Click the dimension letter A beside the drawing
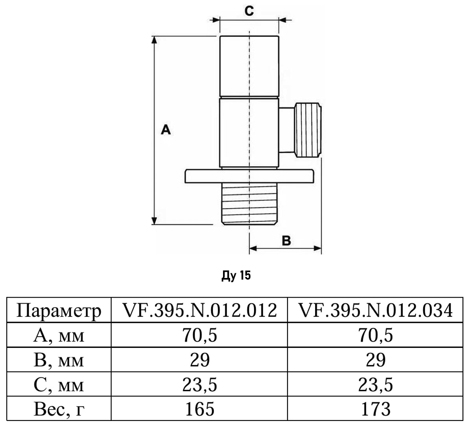[x=166, y=129]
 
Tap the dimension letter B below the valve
[x=286, y=240]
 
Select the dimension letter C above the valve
[x=249, y=11]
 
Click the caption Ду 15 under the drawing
[x=236, y=276]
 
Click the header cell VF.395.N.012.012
[x=200, y=311]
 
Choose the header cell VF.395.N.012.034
[x=376, y=311]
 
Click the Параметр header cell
[x=59, y=311]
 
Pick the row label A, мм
[x=59, y=335]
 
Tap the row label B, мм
[x=59, y=360]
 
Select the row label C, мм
[x=59, y=384]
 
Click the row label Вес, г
[x=59, y=409]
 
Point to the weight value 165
[x=200, y=409]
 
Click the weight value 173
[x=376, y=409]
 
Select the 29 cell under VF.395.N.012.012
[x=200, y=360]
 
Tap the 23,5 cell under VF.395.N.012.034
[x=376, y=384]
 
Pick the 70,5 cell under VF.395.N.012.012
[x=200, y=335]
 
